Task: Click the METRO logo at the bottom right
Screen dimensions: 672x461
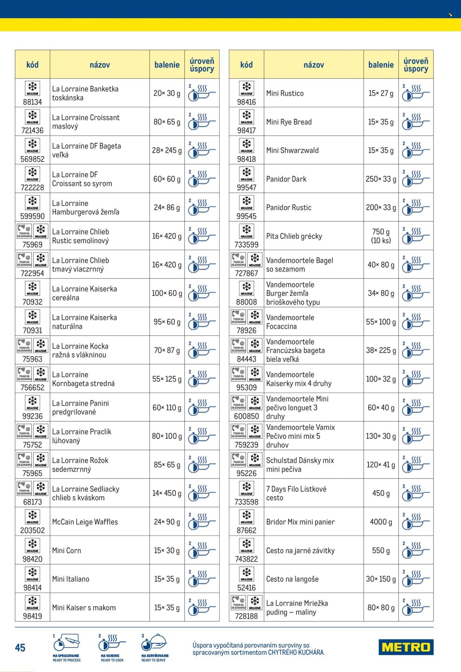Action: click(x=406, y=647)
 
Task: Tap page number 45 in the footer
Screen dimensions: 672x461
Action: click(x=20, y=648)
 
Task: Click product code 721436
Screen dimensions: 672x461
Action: click(x=32, y=130)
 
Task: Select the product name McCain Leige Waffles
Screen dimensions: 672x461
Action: click(x=85, y=522)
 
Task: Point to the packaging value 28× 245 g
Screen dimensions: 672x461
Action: click(x=167, y=150)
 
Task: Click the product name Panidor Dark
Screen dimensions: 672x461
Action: click(x=286, y=179)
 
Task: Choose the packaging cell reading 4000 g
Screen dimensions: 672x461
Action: click(x=381, y=522)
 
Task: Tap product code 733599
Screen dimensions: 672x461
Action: click(x=246, y=245)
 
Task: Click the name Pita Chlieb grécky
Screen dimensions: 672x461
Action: click(x=294, y=236)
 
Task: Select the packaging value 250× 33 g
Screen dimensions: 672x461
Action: click(x=381, y=179)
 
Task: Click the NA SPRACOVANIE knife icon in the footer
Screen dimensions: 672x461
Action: click(x=67, y=643)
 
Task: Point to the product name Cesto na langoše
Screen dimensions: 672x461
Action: click(x=292, y=579)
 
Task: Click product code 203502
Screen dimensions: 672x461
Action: click(x=32, y=531)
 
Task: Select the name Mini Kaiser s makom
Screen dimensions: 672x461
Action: click(x=84, y=608)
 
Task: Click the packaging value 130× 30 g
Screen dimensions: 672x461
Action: click(x=381, y=436)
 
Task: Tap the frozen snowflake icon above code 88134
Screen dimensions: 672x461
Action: click(x=32, y=88)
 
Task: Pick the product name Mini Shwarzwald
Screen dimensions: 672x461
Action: click(x=292, y=150)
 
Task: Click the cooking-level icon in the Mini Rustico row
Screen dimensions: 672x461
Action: click(x=416, y=93)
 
